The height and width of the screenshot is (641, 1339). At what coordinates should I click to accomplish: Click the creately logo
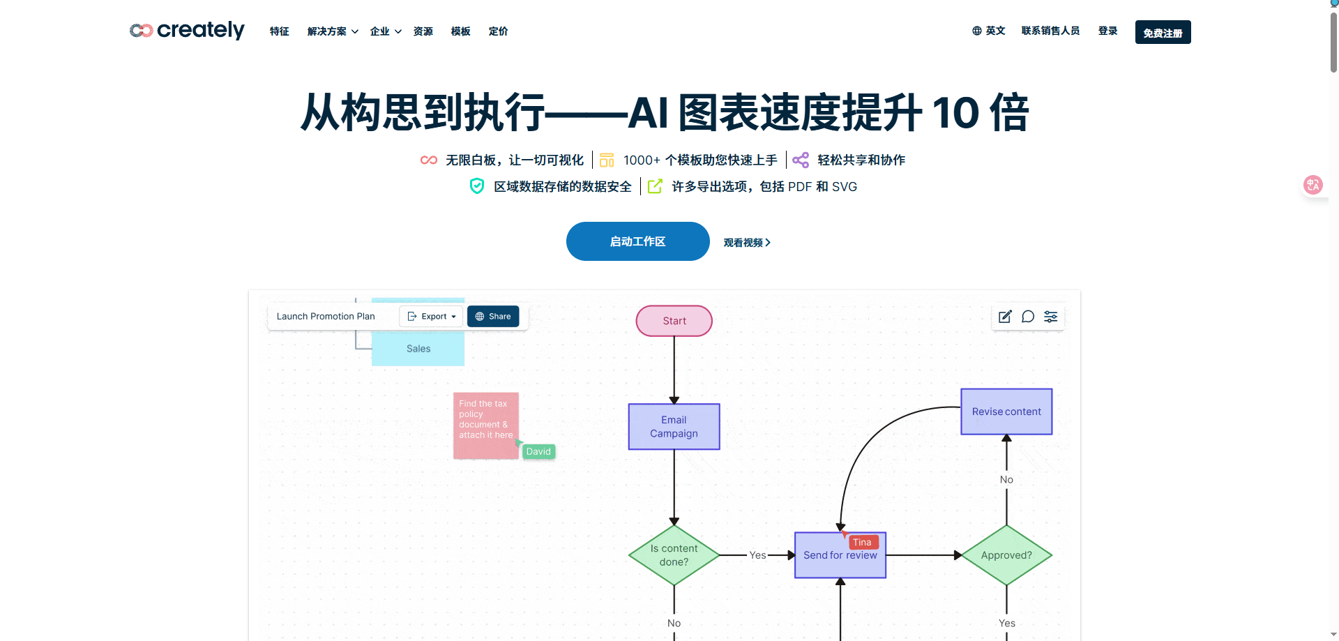point(187,31)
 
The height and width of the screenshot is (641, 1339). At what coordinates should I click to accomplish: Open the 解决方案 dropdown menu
point(332,31)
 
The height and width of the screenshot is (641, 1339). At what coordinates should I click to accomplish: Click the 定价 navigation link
point(498,31)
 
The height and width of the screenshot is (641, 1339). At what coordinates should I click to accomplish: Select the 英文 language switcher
point(988,31)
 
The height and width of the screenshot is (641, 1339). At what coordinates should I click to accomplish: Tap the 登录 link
point(1107,31)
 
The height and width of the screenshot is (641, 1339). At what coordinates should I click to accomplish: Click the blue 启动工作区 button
point(637,241)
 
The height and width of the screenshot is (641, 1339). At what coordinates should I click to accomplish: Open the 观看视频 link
point(746,243)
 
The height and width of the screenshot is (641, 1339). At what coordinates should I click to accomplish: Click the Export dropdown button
point(431,317)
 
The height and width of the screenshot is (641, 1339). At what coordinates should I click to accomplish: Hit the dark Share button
point(493,317)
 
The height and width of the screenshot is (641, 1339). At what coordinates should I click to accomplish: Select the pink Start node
point(674,321)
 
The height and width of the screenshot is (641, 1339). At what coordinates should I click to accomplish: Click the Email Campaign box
point(674,427)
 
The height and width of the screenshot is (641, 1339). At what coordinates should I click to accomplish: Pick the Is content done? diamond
point(674,555)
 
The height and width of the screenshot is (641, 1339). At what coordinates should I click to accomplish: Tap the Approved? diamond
point(1006,555)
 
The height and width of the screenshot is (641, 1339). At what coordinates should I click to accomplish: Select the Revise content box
point(1006,412)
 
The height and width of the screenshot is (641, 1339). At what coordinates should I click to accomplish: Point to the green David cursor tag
point(538,452)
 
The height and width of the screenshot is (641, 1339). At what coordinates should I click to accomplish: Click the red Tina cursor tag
point(862,543)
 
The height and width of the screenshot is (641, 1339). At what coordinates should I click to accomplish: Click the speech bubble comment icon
point(1028,317)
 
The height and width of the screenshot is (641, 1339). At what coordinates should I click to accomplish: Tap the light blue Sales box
point(418,349)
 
